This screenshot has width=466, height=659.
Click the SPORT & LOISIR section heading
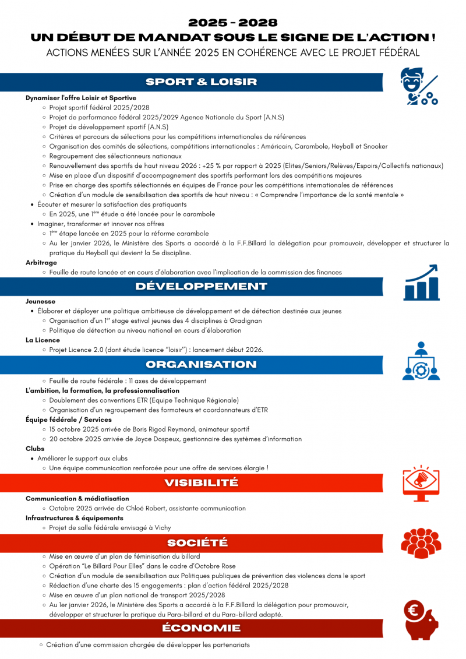coord(201,82)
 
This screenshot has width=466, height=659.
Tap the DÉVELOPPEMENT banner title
coord(201,286)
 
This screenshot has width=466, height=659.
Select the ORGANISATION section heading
coord(201,365)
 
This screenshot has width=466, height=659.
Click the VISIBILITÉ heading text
coord(201,482)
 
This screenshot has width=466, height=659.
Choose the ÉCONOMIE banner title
coord(201,628)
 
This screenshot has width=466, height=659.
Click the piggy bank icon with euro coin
coord(421,620)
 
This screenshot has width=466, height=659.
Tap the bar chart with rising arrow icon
coord(421,283)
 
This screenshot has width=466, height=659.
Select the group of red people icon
coord(421,543)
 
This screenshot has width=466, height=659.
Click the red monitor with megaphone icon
coord(421,482)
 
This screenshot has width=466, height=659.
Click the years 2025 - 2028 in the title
coord(233,23)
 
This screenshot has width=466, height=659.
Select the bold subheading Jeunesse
coord(40,302)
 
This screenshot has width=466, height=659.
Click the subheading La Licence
coord(43,340)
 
